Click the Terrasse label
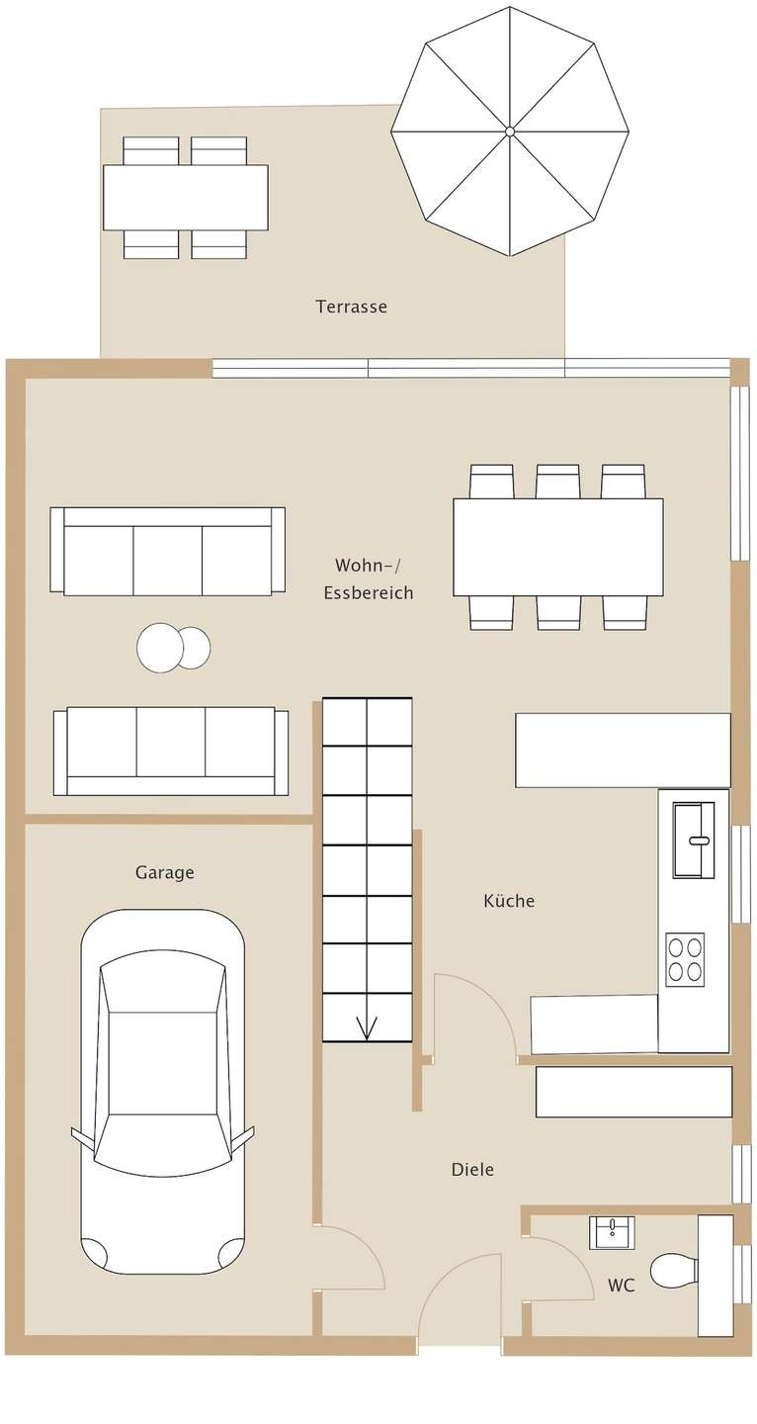351,307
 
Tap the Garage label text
164,872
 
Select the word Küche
509,900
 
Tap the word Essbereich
369,593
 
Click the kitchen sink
694,841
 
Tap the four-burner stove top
685,959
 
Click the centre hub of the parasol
509,131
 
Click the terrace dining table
186,198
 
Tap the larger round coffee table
160,647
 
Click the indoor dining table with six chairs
558,548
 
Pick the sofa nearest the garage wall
171,751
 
